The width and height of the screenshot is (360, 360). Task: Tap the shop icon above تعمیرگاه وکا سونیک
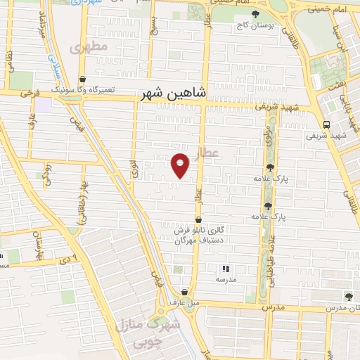(83, 79)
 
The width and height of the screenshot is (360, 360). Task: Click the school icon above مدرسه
(225, 269)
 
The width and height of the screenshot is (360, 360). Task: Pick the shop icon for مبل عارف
(184, 292)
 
